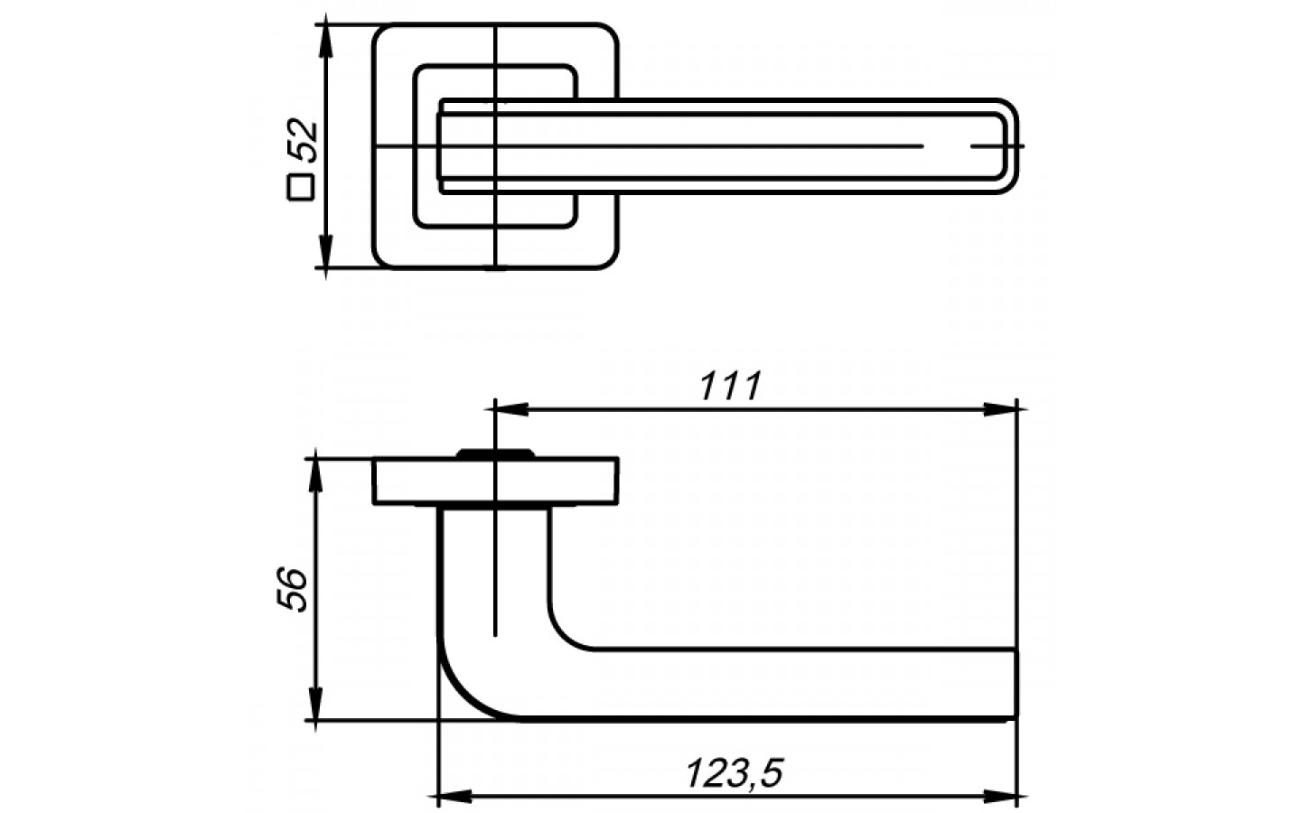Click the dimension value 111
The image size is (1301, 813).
tap(730, 387)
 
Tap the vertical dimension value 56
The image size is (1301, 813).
tap(294, 590)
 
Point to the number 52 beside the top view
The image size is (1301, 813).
tap(304, 141)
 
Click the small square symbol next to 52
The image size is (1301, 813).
tap(300, 187)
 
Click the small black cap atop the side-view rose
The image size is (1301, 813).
tap(494, 453)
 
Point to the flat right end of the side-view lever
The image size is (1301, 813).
tap(1016, 683)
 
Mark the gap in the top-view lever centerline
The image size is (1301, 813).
tap(947, 146)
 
